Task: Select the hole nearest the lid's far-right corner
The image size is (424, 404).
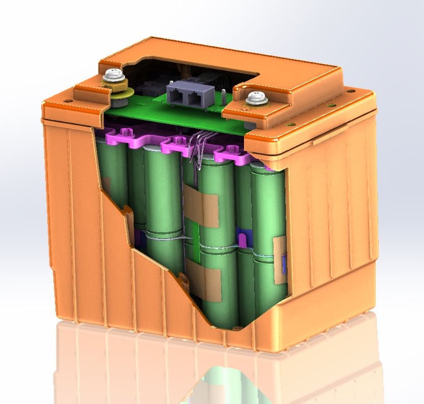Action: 351,92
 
